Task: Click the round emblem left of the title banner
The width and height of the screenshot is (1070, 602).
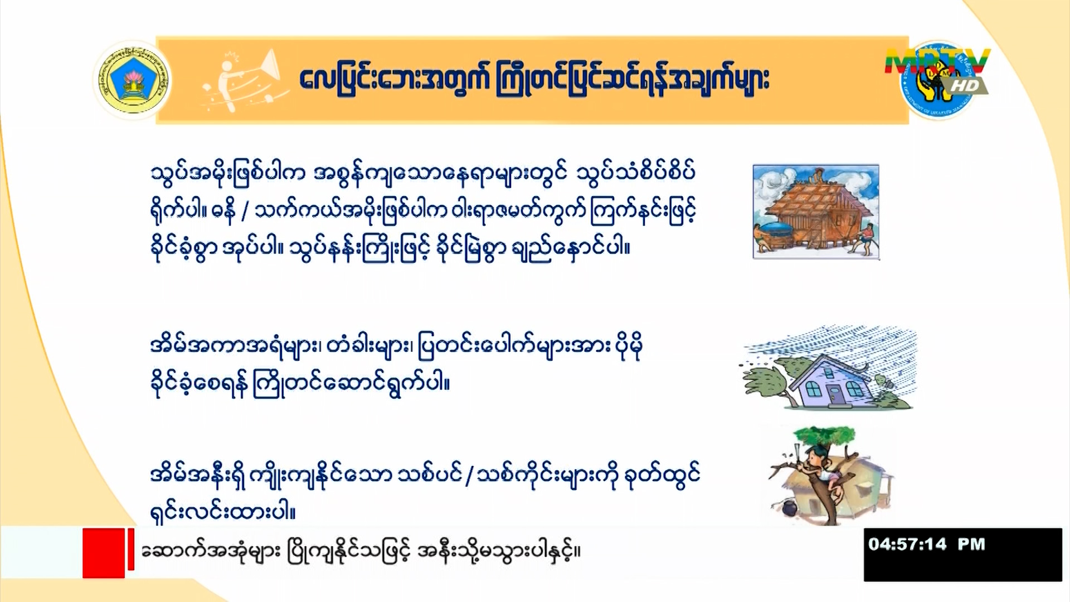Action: pyautogui.click(x=133, y=80)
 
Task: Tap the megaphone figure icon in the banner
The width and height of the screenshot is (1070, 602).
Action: pyautogui.click(x=245, y=81)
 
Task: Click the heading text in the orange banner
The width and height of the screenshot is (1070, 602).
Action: pyautogui.click(x=534, y=80)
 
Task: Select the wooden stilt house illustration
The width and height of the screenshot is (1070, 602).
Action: pyautogui.click(x=816, y=212)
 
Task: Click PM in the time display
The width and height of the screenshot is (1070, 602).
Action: pyautogui.click(x=971, y=544)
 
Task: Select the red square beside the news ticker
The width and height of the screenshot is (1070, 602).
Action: pyautogui.click(x=104, y=553)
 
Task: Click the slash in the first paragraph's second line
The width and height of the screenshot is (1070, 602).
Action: pyautogui.click(x=245, y=211)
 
